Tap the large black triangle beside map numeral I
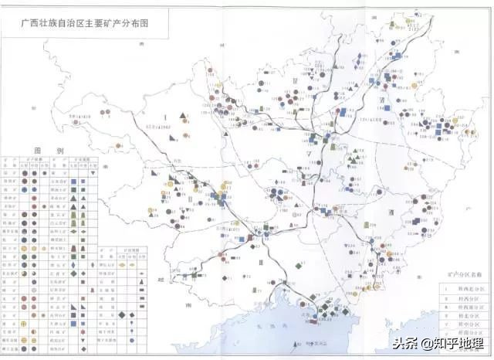184,117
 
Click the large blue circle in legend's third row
25,196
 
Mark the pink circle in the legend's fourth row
25,207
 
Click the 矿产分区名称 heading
462,273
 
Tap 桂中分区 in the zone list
462,325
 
